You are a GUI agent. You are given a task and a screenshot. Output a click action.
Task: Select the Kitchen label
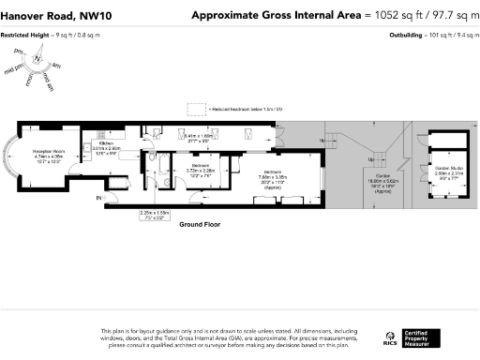[105, 143]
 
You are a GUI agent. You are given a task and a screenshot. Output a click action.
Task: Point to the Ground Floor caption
[199, 225]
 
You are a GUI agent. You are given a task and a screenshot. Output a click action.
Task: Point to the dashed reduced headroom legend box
[196, 109]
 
